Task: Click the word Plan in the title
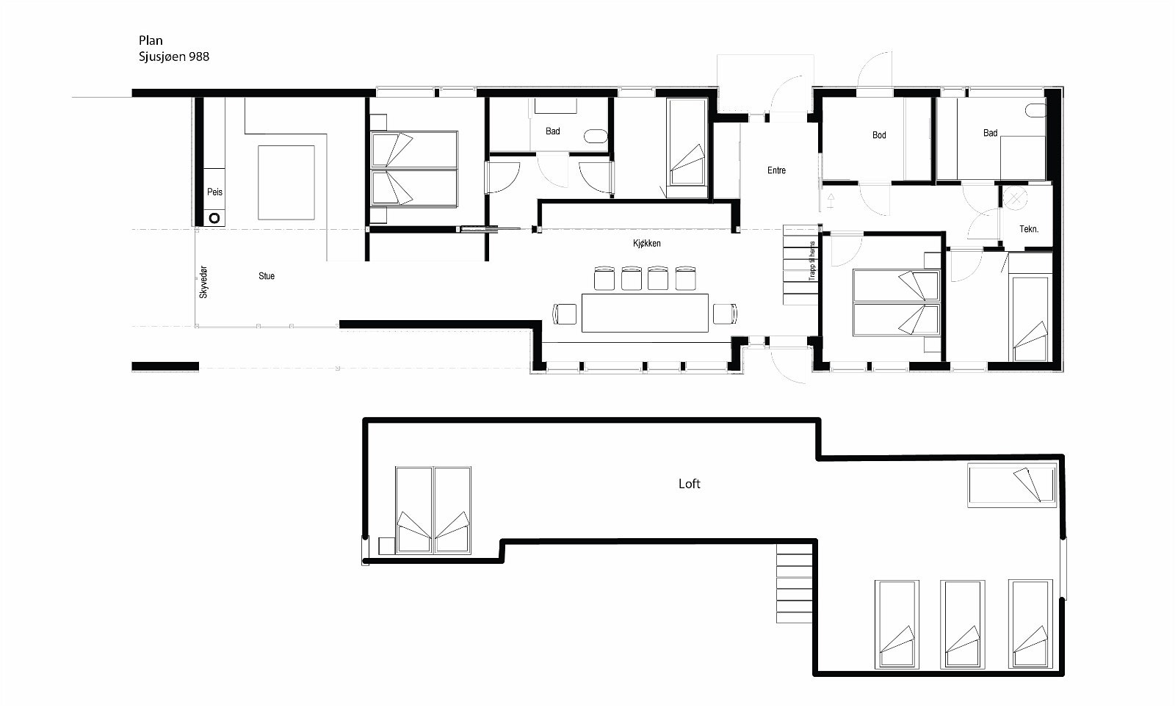(151, 41)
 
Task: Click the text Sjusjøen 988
(174, 57)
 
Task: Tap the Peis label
(214, 192)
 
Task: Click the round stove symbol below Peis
(214, 218)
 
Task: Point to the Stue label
(267, 276)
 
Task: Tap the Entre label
(776, 170)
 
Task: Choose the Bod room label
(879, 135)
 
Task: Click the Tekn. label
(1029, 229)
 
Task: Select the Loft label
(689, 484)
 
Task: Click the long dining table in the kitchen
(646, 313)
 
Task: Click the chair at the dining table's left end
(565, 313)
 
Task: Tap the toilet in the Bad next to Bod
(1035, 111)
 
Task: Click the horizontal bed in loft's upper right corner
(1011, 485)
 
